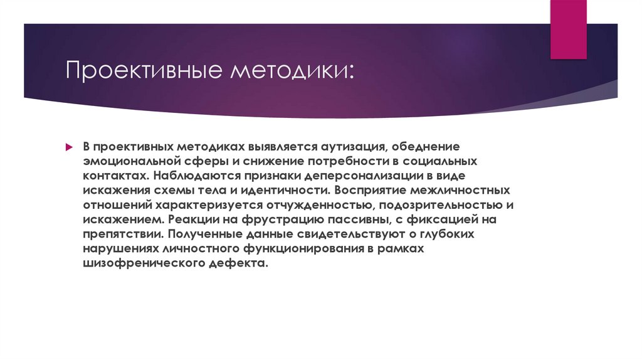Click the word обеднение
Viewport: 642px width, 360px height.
pyautogui.click(x=426, y=146)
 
